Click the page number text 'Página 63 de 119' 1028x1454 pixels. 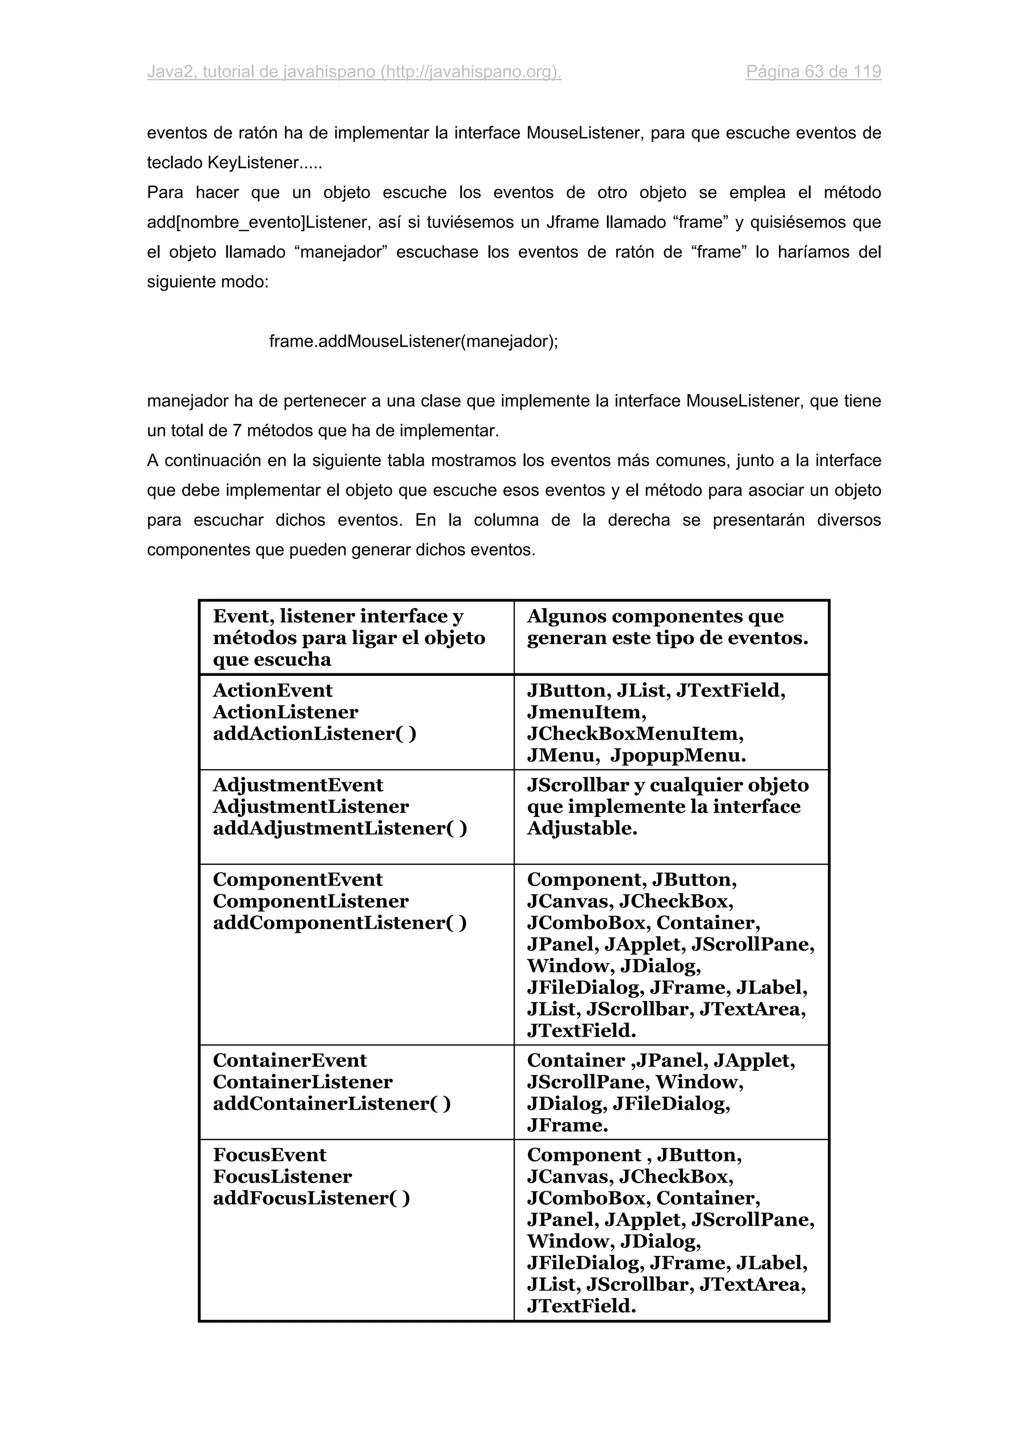tap(813, 72)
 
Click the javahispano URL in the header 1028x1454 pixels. tap(471, 72)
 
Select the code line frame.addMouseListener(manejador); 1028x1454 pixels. tap(413, 341)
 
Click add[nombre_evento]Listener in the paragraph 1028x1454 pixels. tap(260, 222)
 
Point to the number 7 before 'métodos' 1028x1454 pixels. tap(237, 430)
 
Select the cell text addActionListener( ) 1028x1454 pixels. tap(314, 734)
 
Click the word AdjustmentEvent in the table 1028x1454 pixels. tap(298, 785)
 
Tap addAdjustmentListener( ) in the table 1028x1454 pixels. tap(339, 828)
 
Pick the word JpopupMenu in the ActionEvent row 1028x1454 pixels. tap(678, 755)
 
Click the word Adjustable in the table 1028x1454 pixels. tap(581, 828)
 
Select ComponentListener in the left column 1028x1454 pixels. tap(310, 901)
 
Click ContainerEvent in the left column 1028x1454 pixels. tap(290, 1060)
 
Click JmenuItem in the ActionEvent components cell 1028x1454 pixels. tap(586, 712)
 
